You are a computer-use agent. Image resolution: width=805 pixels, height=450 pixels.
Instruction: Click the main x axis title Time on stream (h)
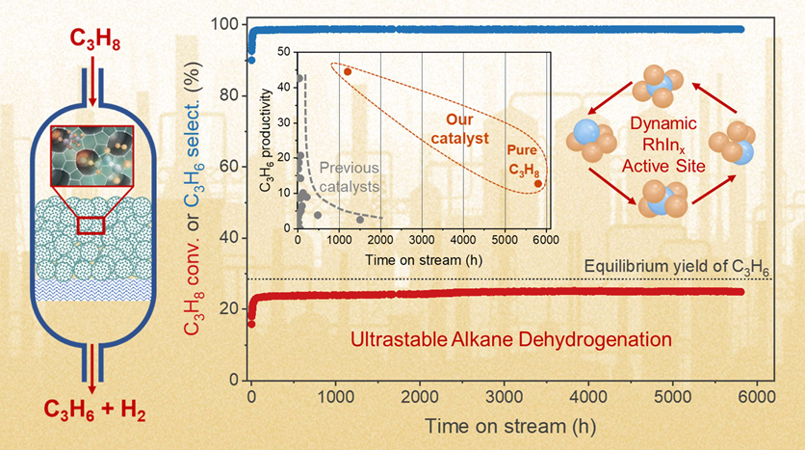click(495, 426)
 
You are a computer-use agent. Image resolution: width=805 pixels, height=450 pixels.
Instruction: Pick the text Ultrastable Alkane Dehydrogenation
click(509, 338)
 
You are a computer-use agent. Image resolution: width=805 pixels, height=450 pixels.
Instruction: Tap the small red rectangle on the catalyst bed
click(91, 225)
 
